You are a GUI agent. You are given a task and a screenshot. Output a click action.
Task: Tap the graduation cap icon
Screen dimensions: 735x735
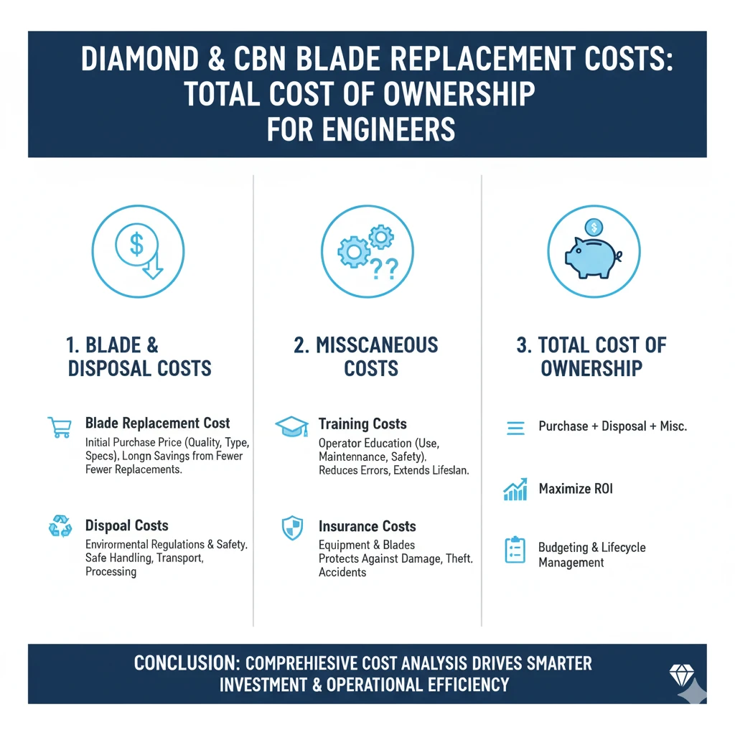click(x=291, y=427)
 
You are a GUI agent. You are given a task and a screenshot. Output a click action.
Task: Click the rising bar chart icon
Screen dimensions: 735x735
click(x=515, y=490)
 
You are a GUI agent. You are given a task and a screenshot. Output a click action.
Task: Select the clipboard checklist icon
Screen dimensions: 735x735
click(x=515, y=550)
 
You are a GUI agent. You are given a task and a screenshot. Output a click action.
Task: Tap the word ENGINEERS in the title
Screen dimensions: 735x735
click(x=399, y=130)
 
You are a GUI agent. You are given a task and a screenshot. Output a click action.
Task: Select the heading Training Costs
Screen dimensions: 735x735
click(x=362, y=424)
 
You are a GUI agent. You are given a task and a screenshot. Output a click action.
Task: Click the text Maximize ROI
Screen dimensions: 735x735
click(x=576, y=490)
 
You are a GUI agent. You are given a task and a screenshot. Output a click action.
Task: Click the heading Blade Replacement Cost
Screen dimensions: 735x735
click(x=158, y=423)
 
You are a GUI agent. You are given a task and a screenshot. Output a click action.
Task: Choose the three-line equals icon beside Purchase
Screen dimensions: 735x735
click(x=515, y=428)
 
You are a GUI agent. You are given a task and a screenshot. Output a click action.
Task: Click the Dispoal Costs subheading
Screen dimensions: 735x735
click(x=127, y=525)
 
